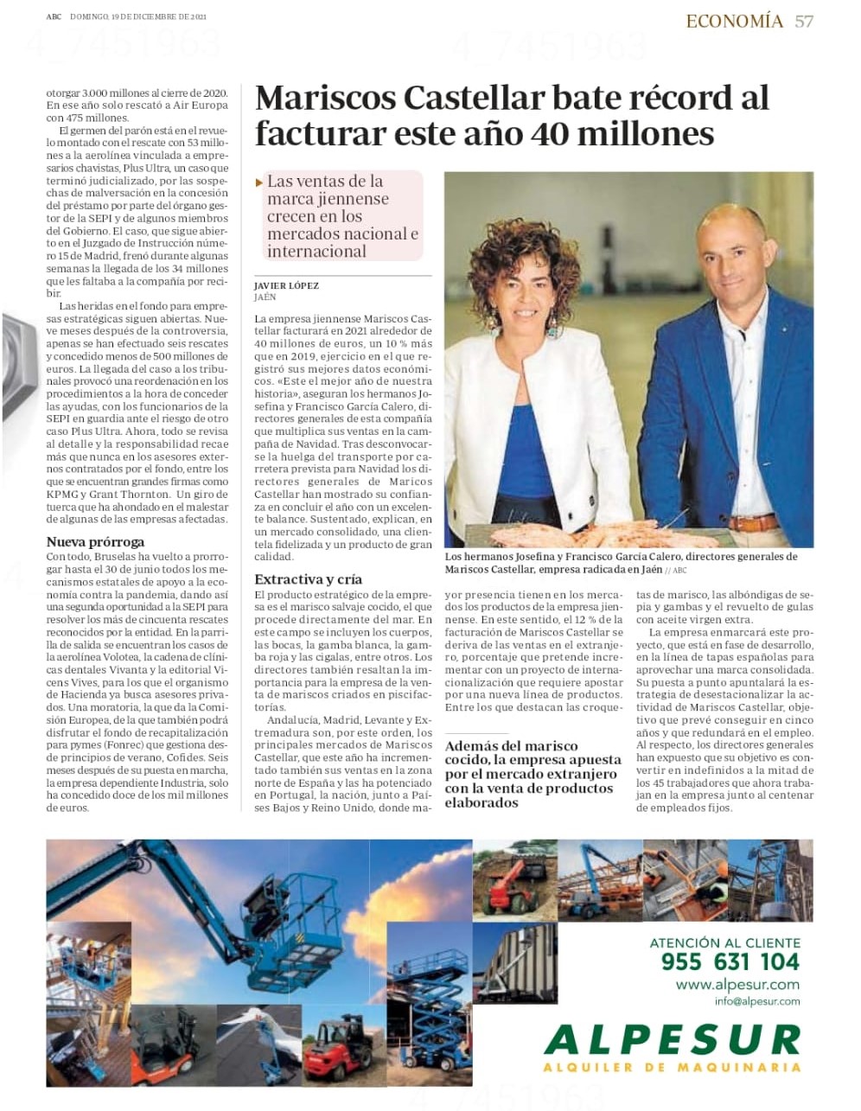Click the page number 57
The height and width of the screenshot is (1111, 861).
(803, 21)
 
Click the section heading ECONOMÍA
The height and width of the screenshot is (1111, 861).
(734, 21)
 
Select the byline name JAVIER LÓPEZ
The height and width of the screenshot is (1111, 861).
(286, 285)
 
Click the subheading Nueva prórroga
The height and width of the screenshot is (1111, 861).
(89, 542)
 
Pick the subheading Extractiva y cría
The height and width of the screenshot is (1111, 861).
(308, 579)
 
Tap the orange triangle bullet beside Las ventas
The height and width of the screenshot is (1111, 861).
(260, 182)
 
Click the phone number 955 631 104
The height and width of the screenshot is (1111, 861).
(730, 962)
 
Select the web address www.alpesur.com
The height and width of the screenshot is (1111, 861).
(737, 984)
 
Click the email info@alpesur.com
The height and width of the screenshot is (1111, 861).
(757, 1001)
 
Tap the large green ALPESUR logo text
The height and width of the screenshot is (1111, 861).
(673, 1038)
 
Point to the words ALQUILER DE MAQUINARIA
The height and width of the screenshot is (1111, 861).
(672, 1067)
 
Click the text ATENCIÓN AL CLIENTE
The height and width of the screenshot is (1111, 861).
(724, 942)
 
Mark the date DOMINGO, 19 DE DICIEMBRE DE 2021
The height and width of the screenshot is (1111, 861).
(138, 16)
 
